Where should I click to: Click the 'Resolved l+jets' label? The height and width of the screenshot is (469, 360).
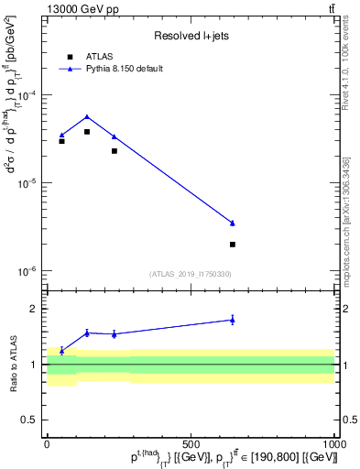click(190, 36)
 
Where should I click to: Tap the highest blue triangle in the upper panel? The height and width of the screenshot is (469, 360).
click(87, 116)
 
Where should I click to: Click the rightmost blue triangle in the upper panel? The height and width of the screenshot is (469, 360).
click(233, 223)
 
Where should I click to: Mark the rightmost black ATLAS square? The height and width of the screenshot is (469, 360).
click(233, 245)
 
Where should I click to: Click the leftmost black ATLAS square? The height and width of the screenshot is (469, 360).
click(61, 141)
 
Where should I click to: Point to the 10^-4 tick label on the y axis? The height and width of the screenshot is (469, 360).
click(30, 95)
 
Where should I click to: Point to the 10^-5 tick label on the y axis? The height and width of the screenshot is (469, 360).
click(30, 183)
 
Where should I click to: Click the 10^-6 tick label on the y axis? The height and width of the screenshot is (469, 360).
click(30, 271)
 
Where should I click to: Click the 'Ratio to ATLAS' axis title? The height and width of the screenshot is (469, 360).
click(13, 364)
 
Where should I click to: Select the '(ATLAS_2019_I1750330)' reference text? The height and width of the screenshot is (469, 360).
click(190, 274)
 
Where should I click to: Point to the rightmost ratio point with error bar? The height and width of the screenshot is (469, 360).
click(233, 320)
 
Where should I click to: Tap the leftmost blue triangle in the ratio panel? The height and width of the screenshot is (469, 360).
click(61, 351)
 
